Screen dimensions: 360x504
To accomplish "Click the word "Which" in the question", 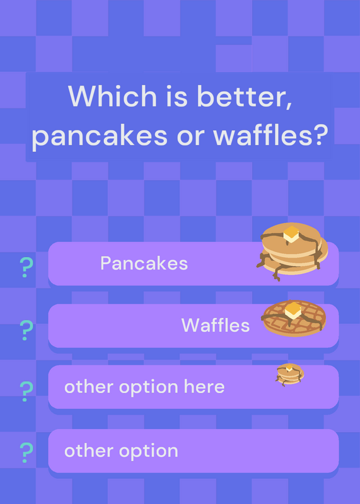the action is click(112, 96).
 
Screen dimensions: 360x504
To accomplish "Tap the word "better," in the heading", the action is click(245, 96).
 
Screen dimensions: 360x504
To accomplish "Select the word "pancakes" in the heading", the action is click(100, 135).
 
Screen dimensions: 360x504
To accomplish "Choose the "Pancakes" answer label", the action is click(144, 263).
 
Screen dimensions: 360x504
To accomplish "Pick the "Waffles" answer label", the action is click(216, 325).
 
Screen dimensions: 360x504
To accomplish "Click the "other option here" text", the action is click(144, 387).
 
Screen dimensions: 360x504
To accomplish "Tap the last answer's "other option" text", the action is click(121, 450).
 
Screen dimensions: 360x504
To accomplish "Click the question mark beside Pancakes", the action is click(26, 267).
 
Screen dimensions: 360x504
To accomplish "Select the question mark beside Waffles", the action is click(26, 330).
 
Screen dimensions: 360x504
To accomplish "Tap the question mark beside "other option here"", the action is click(26, 391).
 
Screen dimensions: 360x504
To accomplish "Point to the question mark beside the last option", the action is click(26, 452).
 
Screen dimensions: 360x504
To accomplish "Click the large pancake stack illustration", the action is click(292, 251).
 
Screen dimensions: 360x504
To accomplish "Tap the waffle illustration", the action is click(293, 318).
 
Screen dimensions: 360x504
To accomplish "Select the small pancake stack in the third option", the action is click(289, 374).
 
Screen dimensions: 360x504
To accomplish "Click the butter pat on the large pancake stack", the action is click(291, 234).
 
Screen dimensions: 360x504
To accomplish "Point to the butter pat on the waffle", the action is click(293, 310).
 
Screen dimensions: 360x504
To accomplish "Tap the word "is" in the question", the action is click(177, 96).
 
